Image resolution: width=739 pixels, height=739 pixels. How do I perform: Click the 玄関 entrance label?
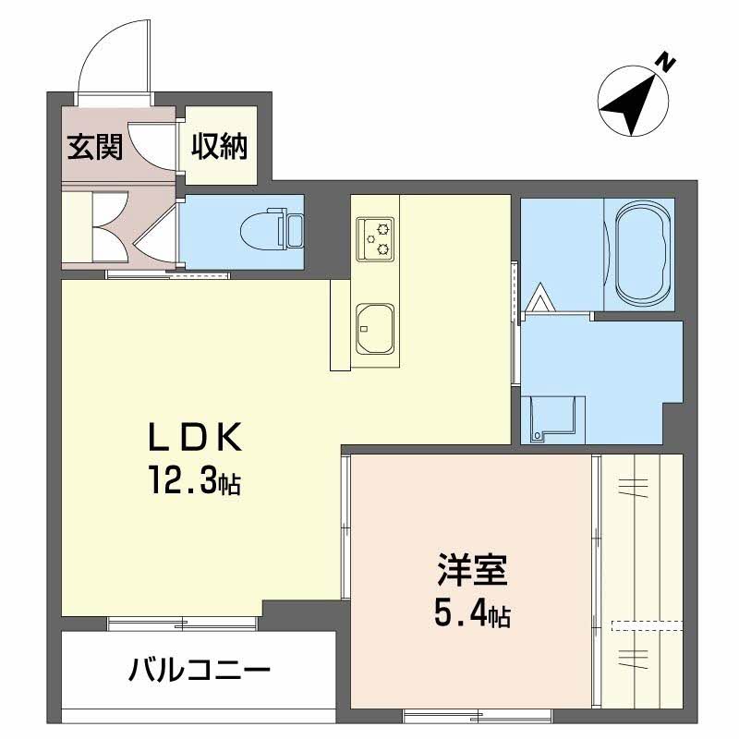point(95,147)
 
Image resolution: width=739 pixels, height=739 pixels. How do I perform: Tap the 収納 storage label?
point(219,147)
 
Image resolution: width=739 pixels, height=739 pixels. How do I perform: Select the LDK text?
point(195,438)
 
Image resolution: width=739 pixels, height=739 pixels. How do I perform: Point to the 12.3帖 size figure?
point(195,479)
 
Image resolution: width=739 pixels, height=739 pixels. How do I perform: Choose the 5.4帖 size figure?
point(472,613)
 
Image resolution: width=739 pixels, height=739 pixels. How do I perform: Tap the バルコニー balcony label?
point(200,670)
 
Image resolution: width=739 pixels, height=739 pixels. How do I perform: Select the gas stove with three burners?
point(375,238)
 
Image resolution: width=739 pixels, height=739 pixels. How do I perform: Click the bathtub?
point(639,253)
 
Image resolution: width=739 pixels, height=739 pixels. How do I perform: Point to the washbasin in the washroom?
point(552,418)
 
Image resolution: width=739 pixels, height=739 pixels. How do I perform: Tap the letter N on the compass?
point(665,64)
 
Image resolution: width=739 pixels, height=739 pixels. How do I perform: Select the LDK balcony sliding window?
point(182,624)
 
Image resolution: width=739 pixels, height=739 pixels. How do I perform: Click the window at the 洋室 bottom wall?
point(477,716)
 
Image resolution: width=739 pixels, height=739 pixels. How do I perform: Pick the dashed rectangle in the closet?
point(648,625)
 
